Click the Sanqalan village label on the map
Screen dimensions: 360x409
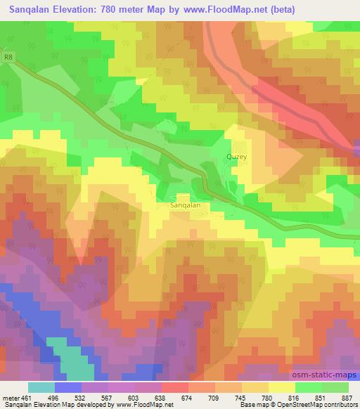[186, 205]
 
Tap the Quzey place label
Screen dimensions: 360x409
[237, 157]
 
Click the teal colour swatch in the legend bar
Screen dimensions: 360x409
[41, 387]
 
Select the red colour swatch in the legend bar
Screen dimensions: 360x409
[175, 387]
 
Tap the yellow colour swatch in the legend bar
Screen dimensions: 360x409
[282, 387]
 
